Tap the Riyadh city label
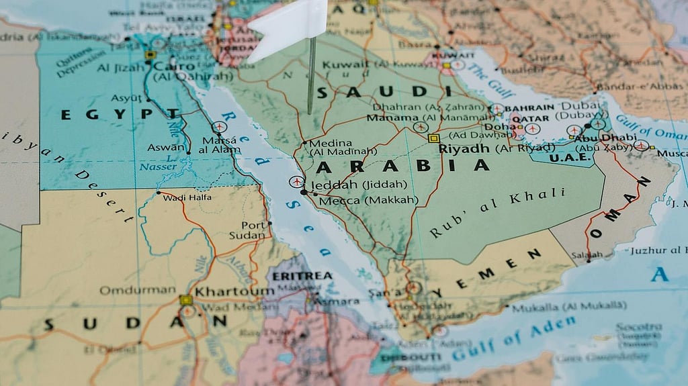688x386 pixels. pos(464,149)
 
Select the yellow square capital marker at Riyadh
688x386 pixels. pos(433,138)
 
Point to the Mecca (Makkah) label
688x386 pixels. pos(368,200)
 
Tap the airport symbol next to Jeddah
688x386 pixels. pos(296,181)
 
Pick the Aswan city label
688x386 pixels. pos(166,148)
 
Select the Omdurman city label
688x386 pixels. pos(137,291)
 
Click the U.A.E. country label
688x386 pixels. pos(570,158)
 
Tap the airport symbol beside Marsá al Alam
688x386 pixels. pos(219,127)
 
